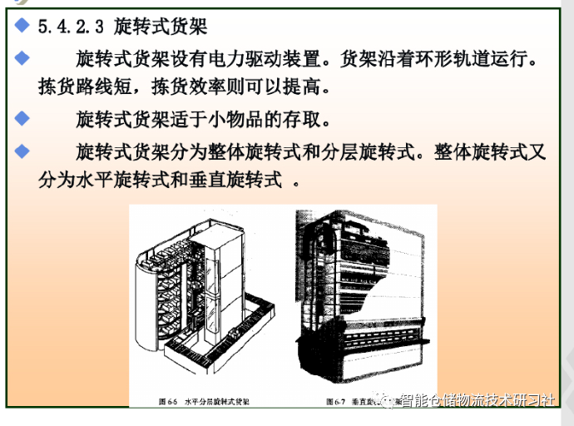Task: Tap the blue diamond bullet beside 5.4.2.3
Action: point(22,27)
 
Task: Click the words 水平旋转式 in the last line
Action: point(125,178)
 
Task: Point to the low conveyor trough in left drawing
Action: point(225,349)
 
